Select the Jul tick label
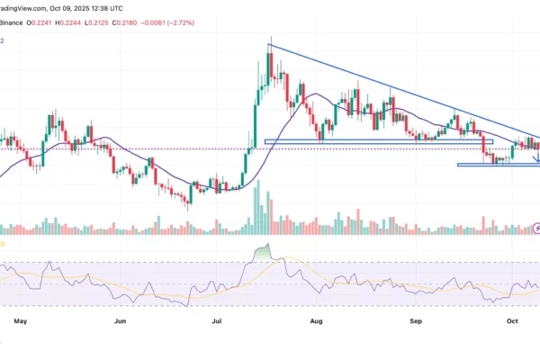[217, 319]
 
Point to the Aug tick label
[315, 319]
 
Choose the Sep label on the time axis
[415, 319]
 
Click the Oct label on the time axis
[512, 319]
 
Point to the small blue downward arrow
[537, 159]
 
